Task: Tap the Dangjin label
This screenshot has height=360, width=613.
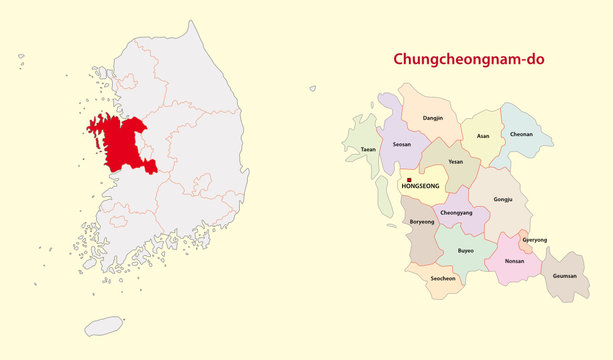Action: pyautogui.click(x=433, y=119)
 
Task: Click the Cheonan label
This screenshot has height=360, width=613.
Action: pyautogui.click(x=522, y=135)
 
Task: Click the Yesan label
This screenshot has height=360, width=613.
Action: pyautogui.click(x=456, y=160)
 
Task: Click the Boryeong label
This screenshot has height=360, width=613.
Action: pyautogui.click(x=423, y=223)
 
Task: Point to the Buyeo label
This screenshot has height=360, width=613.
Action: pyautogui.click(x=466, y=250)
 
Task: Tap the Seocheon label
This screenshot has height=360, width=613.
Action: pyautogui.click(x=443, y=278)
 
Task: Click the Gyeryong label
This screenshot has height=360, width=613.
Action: pyautogui.click(x=535, y=241)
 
